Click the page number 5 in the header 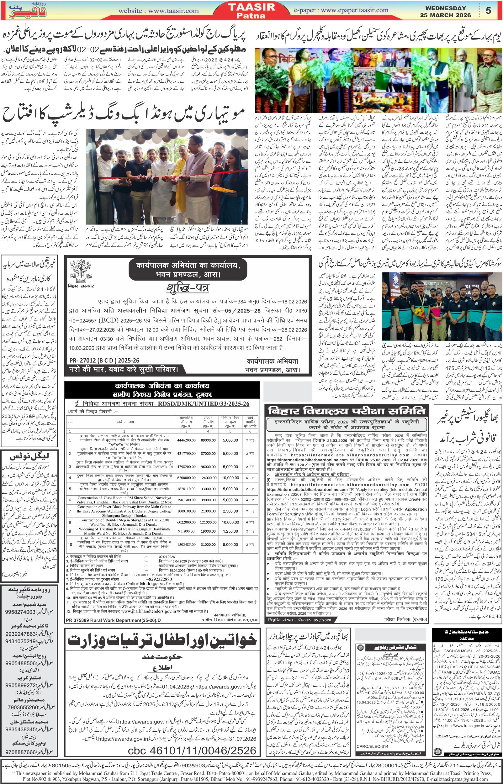[488, 10]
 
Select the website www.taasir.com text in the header [158, 11]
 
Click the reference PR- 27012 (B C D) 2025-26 [104, 360]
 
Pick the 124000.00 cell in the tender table [208, 478]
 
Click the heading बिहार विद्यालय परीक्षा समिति [346, 411]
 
